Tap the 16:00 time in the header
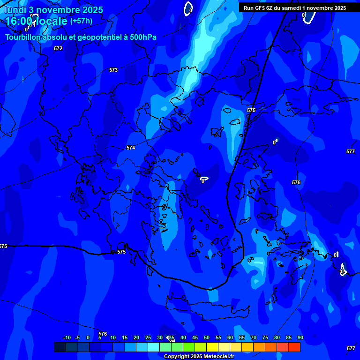tap(18, 21)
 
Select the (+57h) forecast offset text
tap(81, 21)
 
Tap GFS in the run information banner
tap(260, 8)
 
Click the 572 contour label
tap(58, 48)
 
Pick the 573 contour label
tap(113, 70)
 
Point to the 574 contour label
tap(131, 148)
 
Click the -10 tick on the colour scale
tap(67, 338)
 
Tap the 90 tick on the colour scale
tap(300, 338)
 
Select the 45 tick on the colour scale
tap(195, 338)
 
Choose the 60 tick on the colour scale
tap(230, 338)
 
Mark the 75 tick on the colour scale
tap(265, 338)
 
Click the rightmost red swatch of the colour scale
tap(294, 347)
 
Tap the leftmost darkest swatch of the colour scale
tap(60, 347)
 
